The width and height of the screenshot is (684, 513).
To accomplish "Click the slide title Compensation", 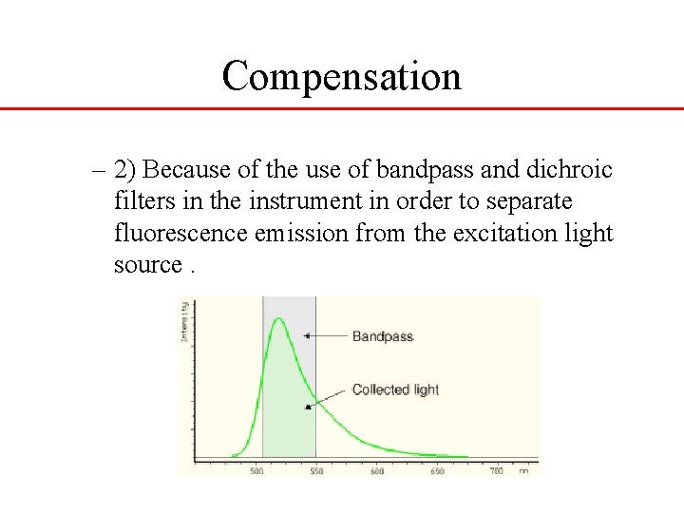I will (x=341, y=76).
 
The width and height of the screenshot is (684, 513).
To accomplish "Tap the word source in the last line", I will (x=146, y=265).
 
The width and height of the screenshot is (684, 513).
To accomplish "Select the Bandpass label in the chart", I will (x=383, y=336).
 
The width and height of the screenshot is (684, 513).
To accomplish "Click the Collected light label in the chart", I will (x=395, y=389).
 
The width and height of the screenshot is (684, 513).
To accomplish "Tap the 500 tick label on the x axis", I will (x=257, y=471).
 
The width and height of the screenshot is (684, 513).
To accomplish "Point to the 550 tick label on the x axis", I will (x=315, y=471).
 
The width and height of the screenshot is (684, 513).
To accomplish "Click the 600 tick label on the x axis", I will (x=377, y=471).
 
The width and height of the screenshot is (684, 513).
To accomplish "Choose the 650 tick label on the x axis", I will (x=437, y=471).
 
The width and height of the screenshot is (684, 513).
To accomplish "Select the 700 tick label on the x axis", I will (x=497, y=471).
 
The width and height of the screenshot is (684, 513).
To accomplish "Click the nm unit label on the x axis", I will (x=523, y=471).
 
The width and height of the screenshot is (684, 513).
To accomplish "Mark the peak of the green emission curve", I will (x=279, y=319).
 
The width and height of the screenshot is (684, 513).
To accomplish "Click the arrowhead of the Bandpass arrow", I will (x=306, y=335).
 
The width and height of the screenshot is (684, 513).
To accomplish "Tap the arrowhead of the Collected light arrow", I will (x=307, y=407).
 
